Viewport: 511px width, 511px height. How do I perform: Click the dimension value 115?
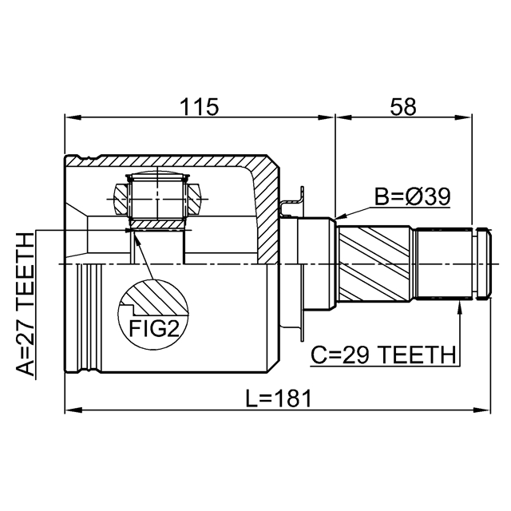tap(200, 107)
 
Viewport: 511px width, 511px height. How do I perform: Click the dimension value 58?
tap(403, 107)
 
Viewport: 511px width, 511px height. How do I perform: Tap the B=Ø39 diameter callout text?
tap(414, 196)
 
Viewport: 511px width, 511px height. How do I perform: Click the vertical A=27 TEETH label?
tap(26, 303)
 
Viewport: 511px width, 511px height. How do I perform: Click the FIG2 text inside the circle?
tap(153, 328)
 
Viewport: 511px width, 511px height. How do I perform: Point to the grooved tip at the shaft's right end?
tap(481, 263)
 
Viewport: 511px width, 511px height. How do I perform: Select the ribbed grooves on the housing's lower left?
tap(89, 319)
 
